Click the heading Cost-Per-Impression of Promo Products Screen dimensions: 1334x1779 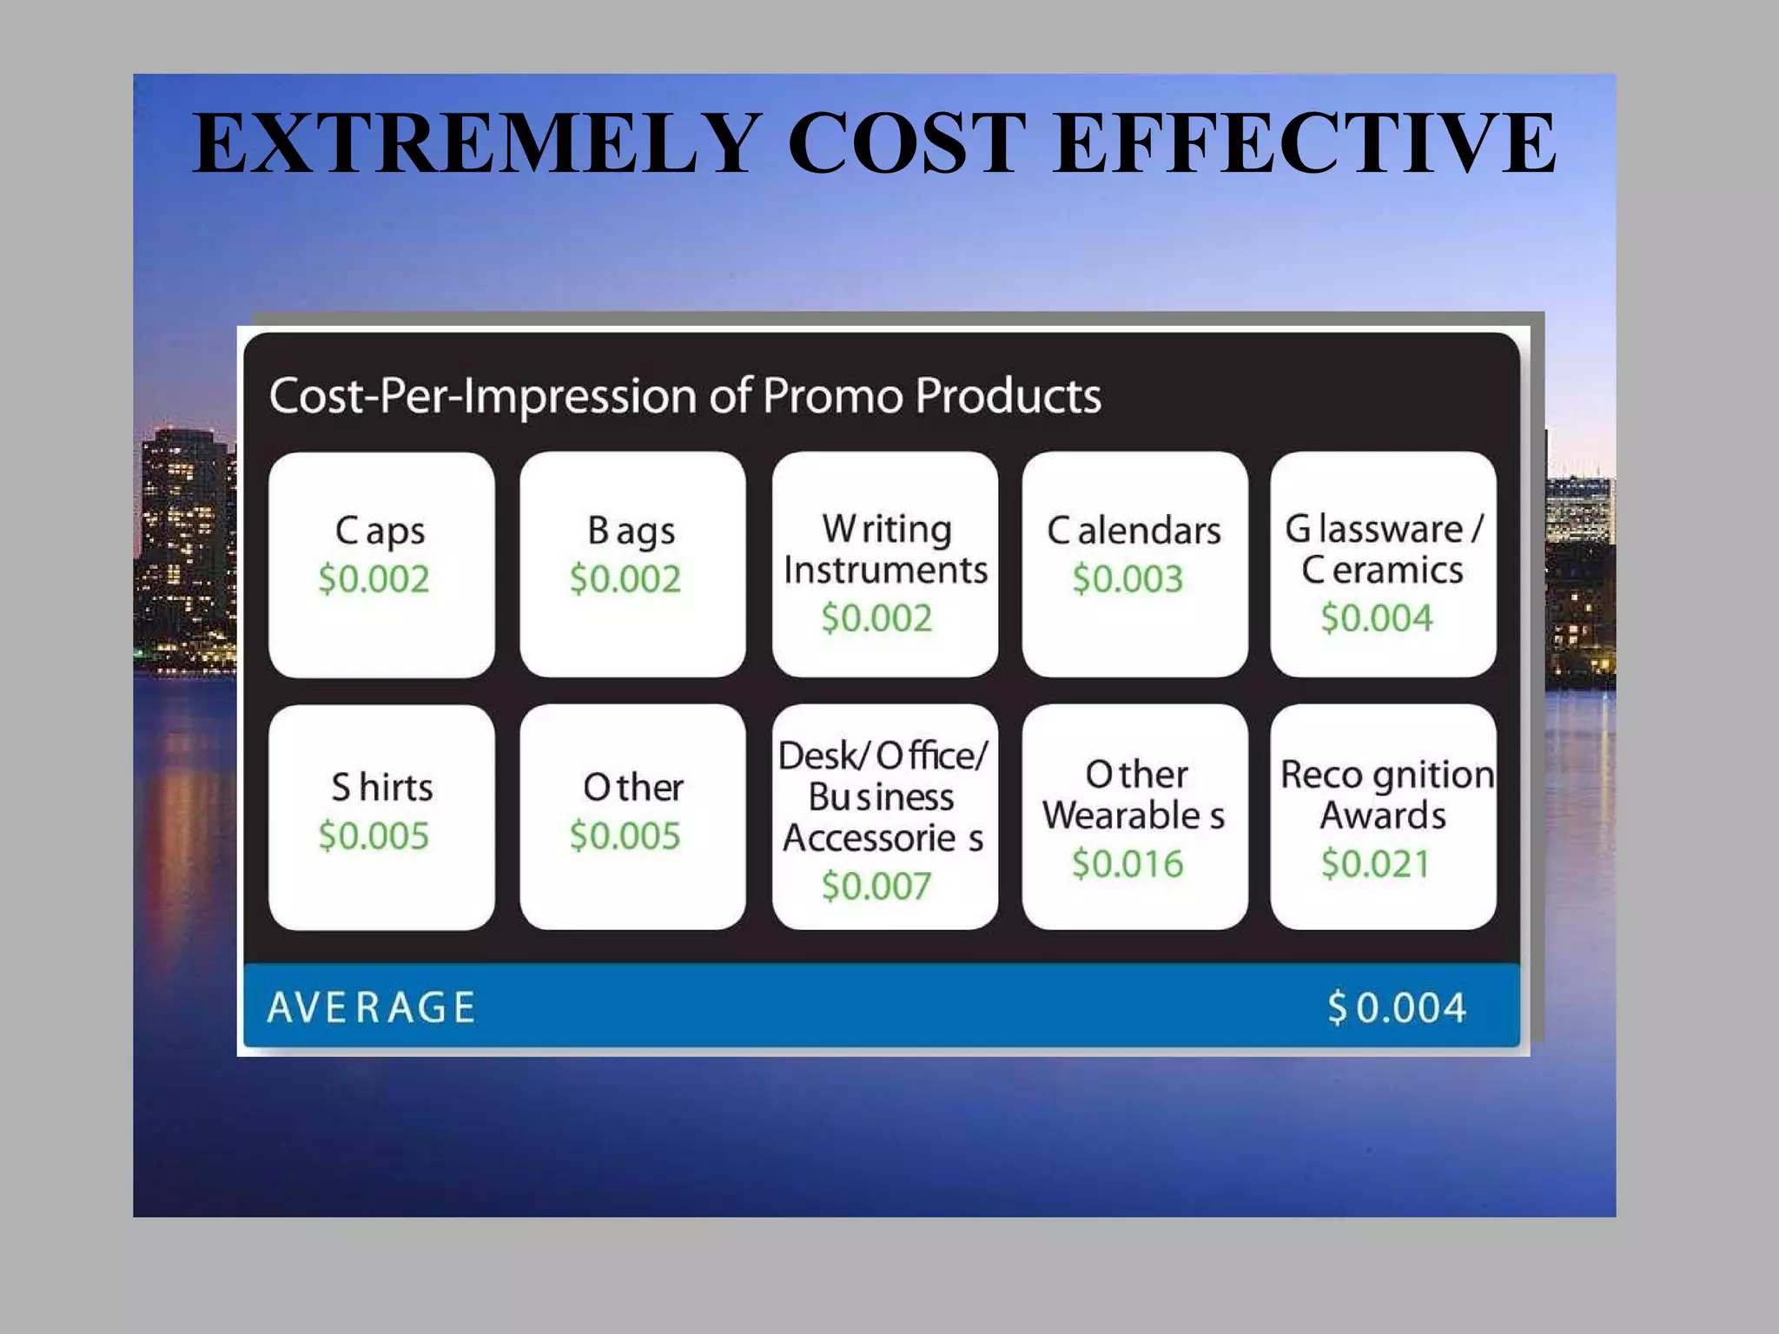tap(684, 396)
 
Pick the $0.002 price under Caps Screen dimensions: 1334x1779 tap(374, 579)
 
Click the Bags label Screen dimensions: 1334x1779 tap(632, 531)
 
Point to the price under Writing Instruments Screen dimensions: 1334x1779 tap(876, 618)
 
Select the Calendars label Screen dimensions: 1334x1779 tap(1134, 531)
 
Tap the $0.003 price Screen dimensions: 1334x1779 tap(1128, 579)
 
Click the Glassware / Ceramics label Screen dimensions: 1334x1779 tap(1384, 549)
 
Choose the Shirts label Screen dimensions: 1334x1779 tap(382, 788)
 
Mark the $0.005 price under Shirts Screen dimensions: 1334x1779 tap(374, 835)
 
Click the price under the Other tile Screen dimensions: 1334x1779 tap(625, 835)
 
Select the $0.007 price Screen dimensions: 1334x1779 tap(876, 886)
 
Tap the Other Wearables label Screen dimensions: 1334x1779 tap(1134, 795)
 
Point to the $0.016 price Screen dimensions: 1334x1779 tap(1128, 864)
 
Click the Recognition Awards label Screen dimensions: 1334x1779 tap(1386, 795)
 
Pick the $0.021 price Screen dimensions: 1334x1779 tap(1376, 864)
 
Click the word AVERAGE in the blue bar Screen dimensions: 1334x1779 tap(371, 1007)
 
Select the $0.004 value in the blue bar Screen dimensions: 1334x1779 tap(1397, 1007)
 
